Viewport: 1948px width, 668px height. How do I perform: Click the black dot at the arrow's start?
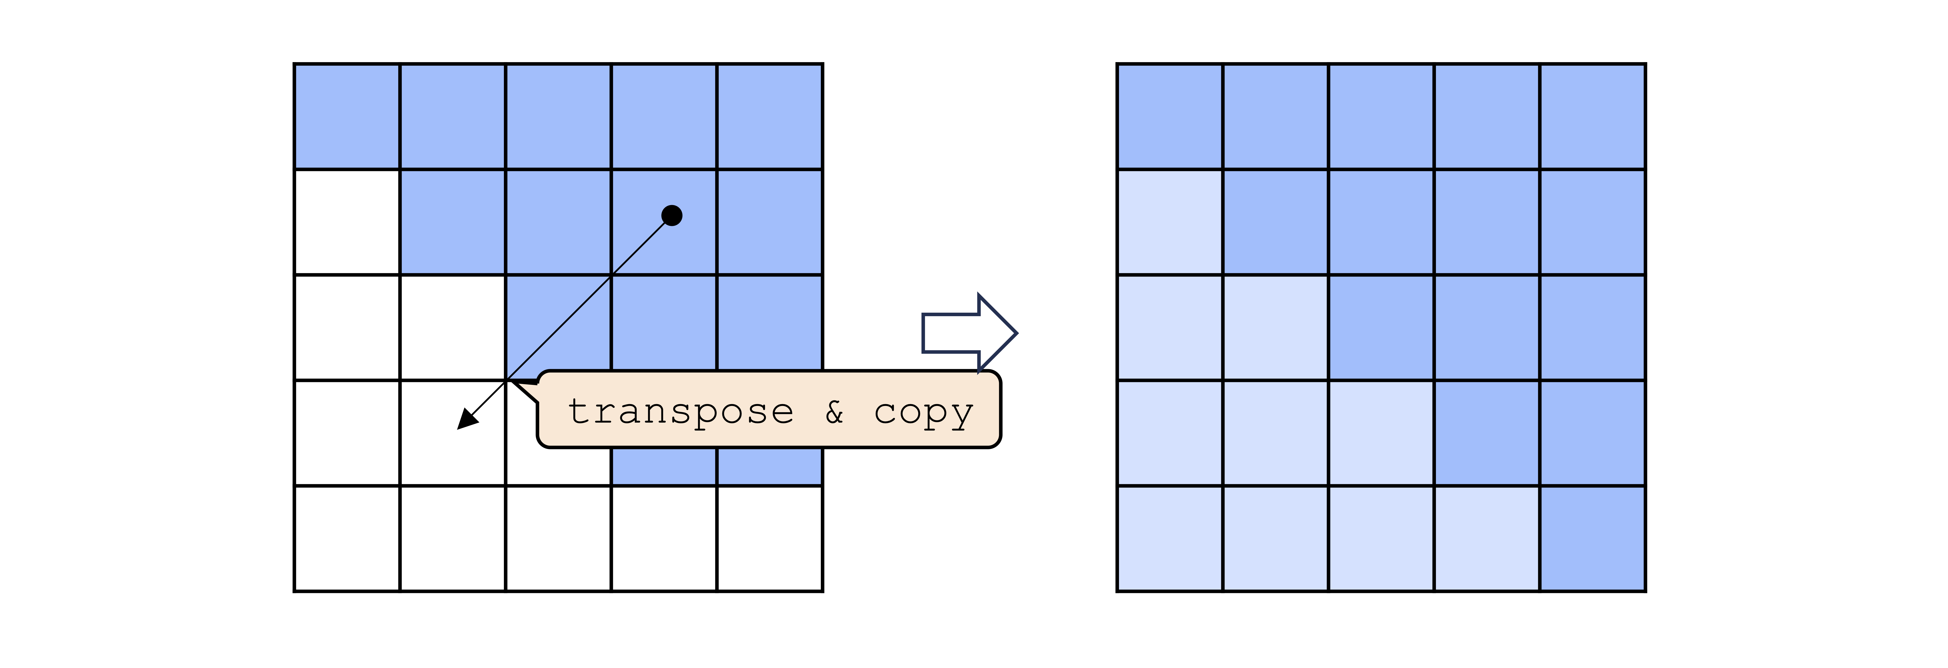coord(672,215)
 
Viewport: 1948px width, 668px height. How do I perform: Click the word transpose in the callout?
coord(681,412)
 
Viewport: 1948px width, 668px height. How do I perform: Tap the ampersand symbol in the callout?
coord(834,412)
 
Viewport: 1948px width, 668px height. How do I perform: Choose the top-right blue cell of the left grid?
coord(770,116)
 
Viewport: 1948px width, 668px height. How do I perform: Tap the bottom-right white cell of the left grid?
coord(770,538)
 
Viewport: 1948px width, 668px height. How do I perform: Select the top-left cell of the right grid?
coord(1170,116)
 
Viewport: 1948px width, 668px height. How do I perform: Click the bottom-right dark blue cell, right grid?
coord(1593,538)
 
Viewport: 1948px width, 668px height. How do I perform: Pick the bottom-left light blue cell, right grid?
coord(1170,538)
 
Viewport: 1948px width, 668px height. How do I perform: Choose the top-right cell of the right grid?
coord(1593,116)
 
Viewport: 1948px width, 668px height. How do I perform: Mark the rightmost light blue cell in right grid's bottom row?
coord(1487,538)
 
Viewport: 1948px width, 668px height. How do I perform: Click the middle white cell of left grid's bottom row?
coord(558,538)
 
